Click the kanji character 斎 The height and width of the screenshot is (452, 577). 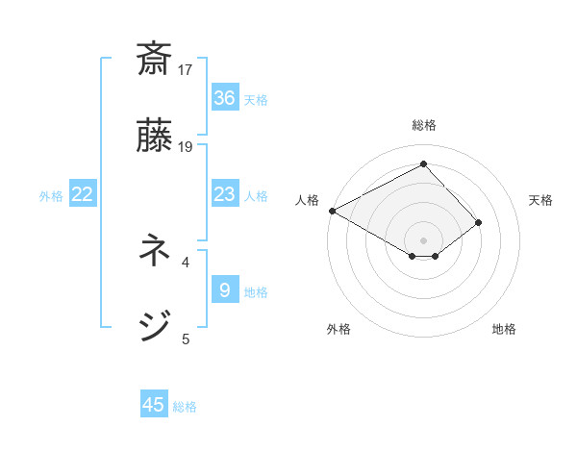(x=154, y=61)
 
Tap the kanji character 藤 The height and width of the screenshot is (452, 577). (x=154, y=136)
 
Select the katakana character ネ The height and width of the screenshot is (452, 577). (x=154, y=253)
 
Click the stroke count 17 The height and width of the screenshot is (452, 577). (x=186, y=70)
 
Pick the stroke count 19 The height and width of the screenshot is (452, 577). (x=186, y=146)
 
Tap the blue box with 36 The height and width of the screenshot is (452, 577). (x=224, y=98)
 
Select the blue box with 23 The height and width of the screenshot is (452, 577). (x=224, y=194)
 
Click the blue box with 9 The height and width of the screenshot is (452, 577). (x=224, y=290)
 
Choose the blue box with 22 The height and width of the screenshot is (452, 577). (x=83, y=194)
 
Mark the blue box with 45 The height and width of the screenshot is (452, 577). (x=154, y=405)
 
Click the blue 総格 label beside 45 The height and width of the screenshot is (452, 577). (x=185, y=407)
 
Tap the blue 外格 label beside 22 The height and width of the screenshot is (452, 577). (x=51, y=196)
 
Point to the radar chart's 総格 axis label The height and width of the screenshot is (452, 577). (x=424, y=125)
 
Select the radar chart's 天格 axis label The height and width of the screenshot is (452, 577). (x=540, y=200)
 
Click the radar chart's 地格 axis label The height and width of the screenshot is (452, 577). (x=504, y=329)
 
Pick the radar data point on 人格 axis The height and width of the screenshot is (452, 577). (x=332, y=210)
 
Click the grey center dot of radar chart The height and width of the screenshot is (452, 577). (x=424, y=239)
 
